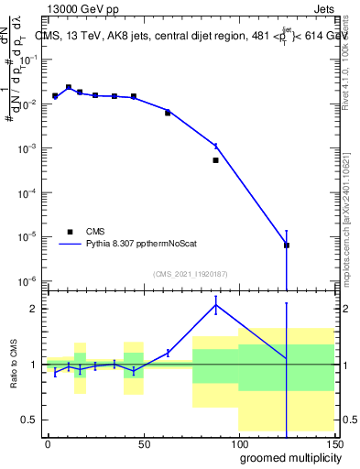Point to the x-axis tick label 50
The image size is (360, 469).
(142, 443)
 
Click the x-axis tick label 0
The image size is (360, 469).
(48, 443)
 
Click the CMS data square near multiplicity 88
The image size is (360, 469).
(215, 160)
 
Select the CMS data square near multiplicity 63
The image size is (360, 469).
(168, 113)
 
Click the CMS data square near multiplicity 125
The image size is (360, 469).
(287, 245)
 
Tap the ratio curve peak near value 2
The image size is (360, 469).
(215, 306)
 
